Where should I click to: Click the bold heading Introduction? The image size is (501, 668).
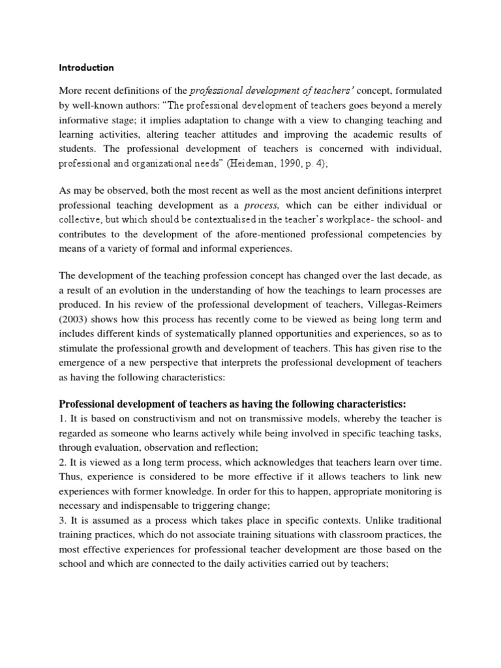tap(87, 67)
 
